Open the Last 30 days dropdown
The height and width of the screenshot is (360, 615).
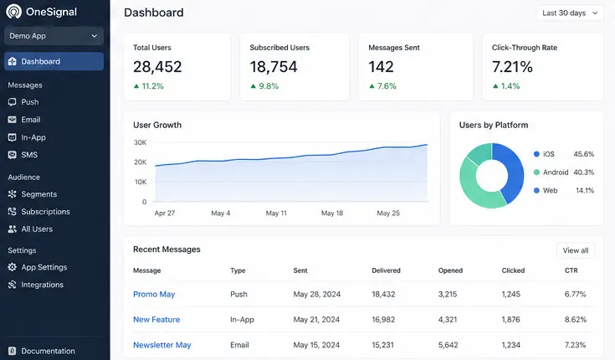click(570, 13)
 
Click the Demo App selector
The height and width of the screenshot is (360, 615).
click(54, 36)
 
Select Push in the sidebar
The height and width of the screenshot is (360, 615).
click(30, 102)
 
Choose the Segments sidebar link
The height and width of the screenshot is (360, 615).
click(38, 194)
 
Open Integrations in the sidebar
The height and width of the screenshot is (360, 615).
click(42, 285)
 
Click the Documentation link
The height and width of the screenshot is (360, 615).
click(48, 351)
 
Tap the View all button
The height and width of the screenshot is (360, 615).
click(576, 250)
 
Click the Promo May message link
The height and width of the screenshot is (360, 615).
click(154, 294)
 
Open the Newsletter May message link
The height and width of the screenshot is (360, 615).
click(162, 345)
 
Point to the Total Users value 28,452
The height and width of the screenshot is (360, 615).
click(157, 67)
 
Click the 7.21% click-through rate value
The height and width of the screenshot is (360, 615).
click(512, 67)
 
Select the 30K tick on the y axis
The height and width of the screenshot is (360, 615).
click(140, 142)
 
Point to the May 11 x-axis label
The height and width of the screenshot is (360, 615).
click(276, 213)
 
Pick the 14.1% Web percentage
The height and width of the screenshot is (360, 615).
click(585, 190)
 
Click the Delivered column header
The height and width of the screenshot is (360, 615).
click(386, 270)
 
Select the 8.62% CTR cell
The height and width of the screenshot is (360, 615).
click(576, 320)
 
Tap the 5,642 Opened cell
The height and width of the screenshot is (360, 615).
click(448, 345)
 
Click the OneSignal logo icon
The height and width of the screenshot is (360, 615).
click(13, 12)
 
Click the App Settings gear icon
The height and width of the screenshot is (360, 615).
click(13, 267)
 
